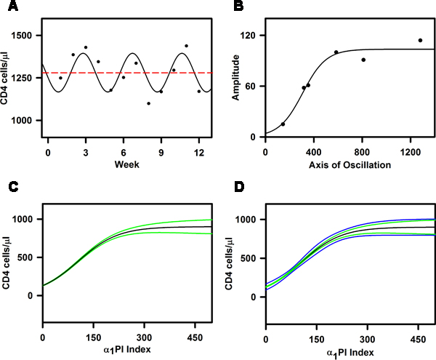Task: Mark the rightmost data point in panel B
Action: pyautogui.click(x=420, y=40)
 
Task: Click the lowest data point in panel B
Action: pyautogui.click(x=283, y=124)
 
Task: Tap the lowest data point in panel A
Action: pyautogui.click(x=148, y=103)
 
